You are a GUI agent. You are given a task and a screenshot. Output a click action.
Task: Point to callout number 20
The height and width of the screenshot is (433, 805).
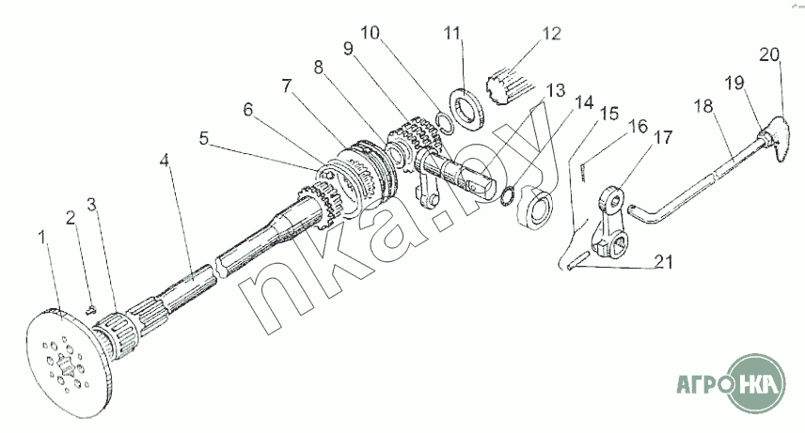(x=769, y=54)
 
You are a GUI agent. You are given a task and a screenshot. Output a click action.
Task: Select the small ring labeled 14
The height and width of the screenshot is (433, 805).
(x=508, y=195)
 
